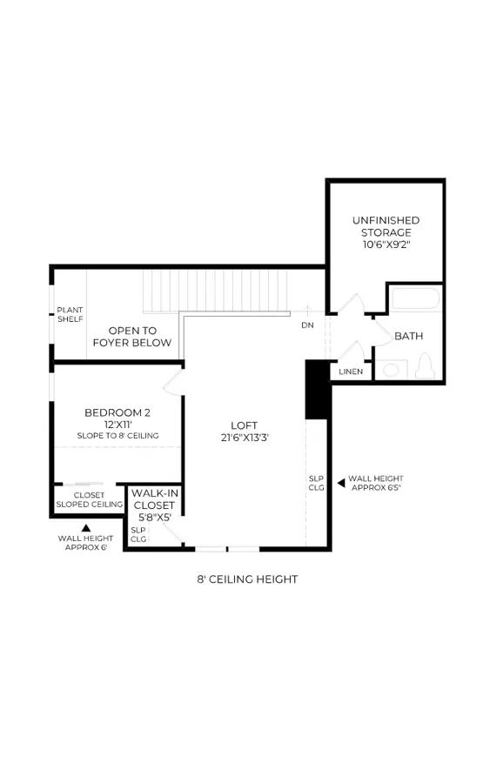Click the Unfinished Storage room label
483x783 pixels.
pyautogui.click(x=386, y=232)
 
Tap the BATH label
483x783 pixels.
pyautogui.click(x=408, y=336)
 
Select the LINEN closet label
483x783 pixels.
pyautogui.click(x=351, y=371)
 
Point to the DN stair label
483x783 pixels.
pyautogui.click(x=308, y=325)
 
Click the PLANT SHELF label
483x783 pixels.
pyautogui.click(x=70, y=315)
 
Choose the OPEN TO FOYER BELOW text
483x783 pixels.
pyautogui.click(x=132, y=337)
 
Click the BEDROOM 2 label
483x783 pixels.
pyautogui.click(x=117, y=412)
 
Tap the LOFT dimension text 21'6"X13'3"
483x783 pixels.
pyautogui.click(x=245, y=438)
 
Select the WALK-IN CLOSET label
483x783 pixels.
pyautogui.click(x=154, y=499)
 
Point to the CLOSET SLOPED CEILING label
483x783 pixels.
pyautogui.click(x=90, y=500)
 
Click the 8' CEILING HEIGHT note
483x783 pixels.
pyautogui.click(x=247, y=579)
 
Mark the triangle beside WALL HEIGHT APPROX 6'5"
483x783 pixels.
pyautogui.click(x=341, y=483)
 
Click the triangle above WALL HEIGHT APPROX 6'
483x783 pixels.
pyautogui.click(x=86, y=527)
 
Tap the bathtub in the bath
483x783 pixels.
pyautogui.click(x=416, y=299)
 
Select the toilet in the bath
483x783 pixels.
pyautogui.click(x=425, y=366)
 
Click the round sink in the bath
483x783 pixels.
pyautogui.click(x=391, y=370)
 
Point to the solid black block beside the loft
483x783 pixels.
pyautogui.click(x=317, y=390)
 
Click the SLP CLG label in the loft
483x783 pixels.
pyautogui.click(x=316, y=483)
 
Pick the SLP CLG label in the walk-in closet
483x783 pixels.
pyautogui.click(x=138, y=534)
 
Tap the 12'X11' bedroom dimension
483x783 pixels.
pyautogui.click(x=117, y=425)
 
